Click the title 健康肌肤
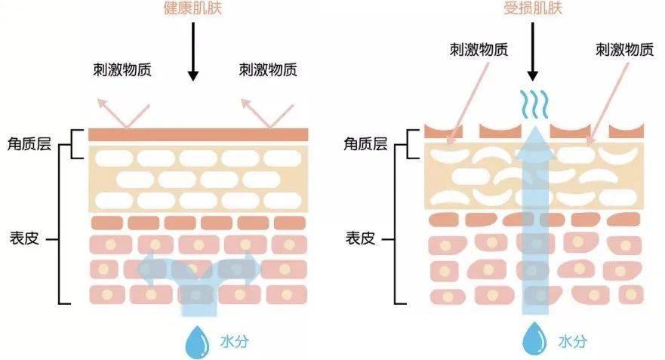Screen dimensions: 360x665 [x=192, y=9]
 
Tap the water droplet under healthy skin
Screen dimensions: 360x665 [x=198, y=341]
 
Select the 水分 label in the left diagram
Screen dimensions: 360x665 [x=236, y=341]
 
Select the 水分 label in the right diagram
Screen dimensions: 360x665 [x=572, y=341]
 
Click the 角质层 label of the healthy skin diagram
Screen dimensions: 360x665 [x=29, y=142]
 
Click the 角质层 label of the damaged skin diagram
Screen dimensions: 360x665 [x=365, y=142]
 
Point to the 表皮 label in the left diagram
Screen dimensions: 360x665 [x=23, y=238]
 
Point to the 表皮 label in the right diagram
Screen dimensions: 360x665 [x=360, y=238]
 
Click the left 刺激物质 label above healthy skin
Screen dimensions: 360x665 [x=121, y=70]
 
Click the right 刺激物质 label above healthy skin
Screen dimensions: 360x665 [x=268, y=70]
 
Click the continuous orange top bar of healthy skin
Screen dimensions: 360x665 [x=198, y=134]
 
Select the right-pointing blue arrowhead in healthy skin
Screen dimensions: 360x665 [x=252, y=269]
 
